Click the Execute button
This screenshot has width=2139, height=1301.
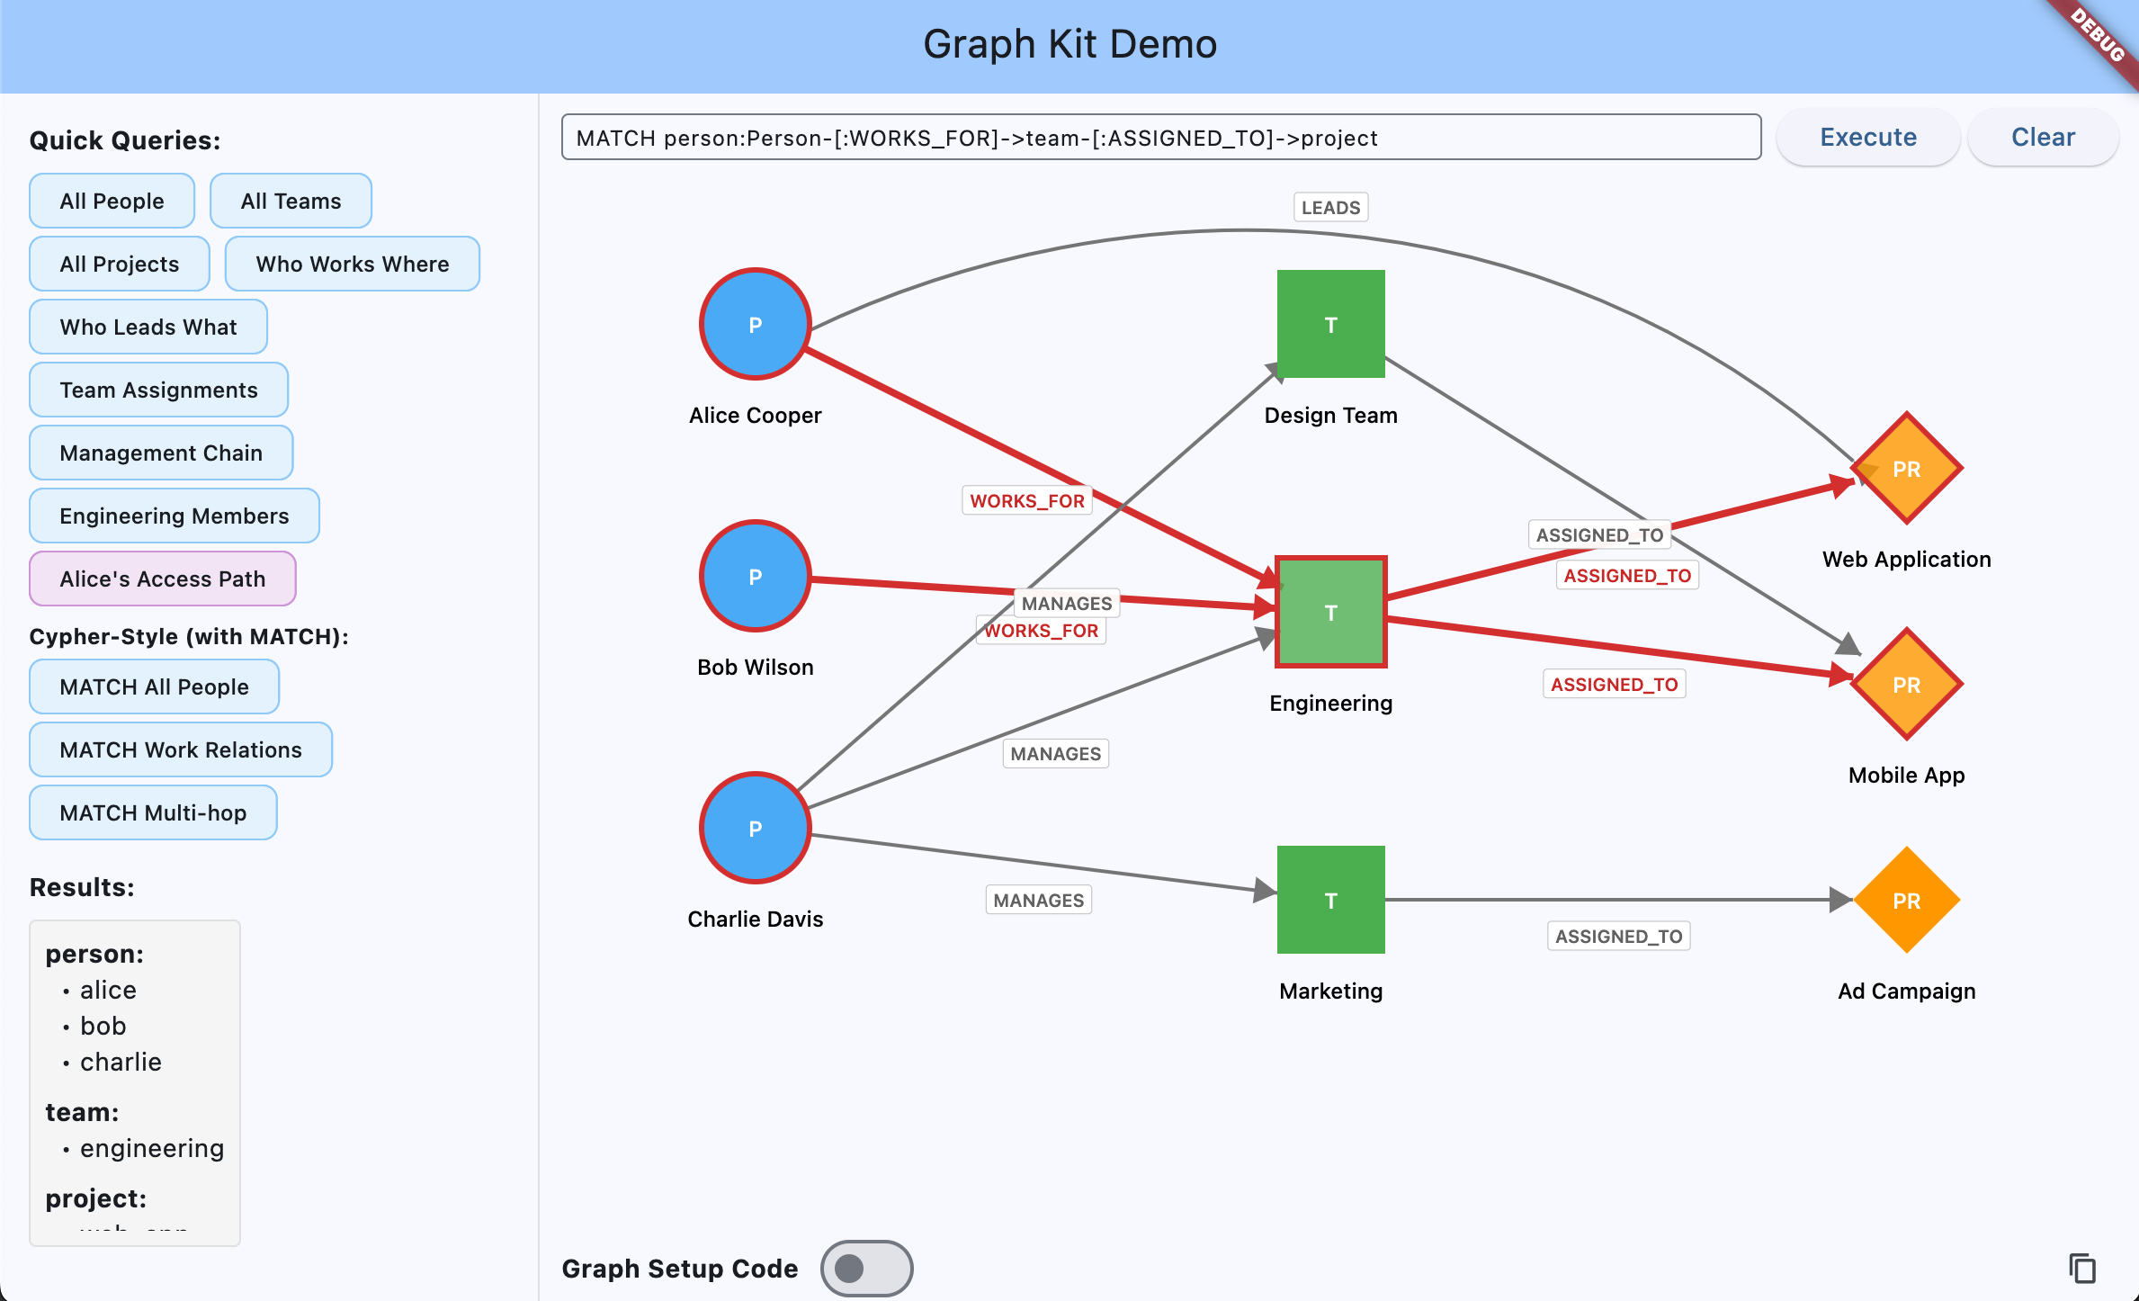(x=1867, y=137)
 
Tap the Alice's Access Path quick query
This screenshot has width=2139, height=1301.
(x=163, y=579)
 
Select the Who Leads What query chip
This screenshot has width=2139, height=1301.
(x=148, y=327)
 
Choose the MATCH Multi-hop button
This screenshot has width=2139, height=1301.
(x=153, y=812)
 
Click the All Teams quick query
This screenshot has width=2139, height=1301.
(x=291, y=201)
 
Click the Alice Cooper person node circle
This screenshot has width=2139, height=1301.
(x=756, y=324)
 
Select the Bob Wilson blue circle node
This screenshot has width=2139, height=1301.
(x=756, y=576)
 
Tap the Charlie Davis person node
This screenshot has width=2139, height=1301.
(x=756, y=828)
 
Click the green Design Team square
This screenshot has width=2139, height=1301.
(x=1330, y=324)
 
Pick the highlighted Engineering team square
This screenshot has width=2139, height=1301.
(x=1330, y=612)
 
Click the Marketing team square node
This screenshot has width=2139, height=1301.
(x=1330, y=900)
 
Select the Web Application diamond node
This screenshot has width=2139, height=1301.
(x=1906, y=469)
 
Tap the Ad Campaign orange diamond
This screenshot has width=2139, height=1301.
(x=1906, y=901)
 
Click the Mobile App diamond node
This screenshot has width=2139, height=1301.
(x=1906, y=685)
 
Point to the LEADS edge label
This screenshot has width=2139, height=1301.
(x=1330, y=208)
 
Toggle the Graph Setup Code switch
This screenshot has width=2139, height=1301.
(x=866, y=1269)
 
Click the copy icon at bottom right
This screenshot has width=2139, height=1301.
(x=2081, y=1269)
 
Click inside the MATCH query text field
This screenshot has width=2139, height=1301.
(x=1160, y=138)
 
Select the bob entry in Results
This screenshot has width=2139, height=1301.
(x=103, y=1026)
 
